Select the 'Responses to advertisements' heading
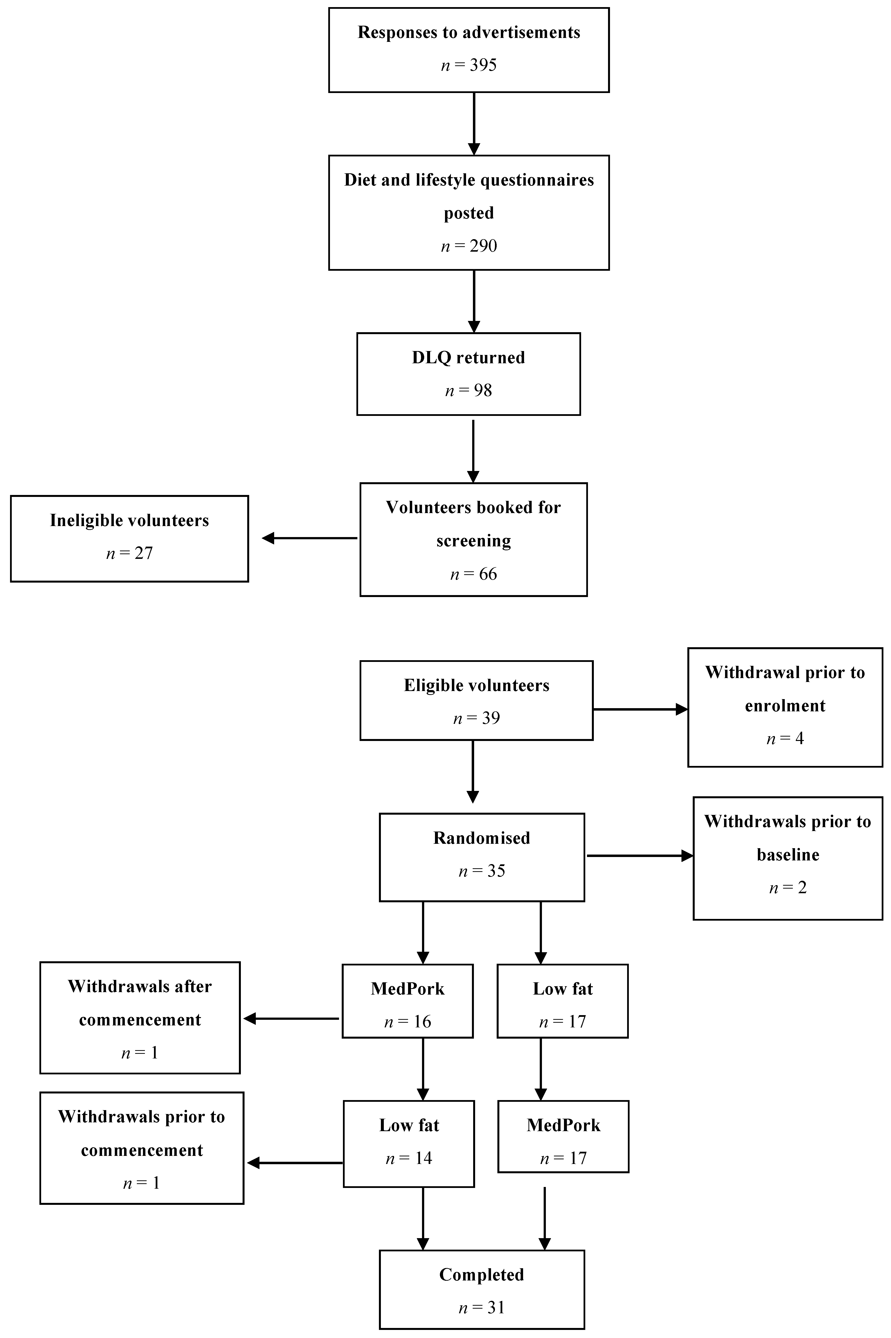469,32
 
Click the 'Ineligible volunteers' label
129,520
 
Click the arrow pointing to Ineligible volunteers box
310,538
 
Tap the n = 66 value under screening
473,574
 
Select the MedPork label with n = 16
407,989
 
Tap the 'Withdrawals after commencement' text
140,1003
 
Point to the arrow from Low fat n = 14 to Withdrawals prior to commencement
295,1163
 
